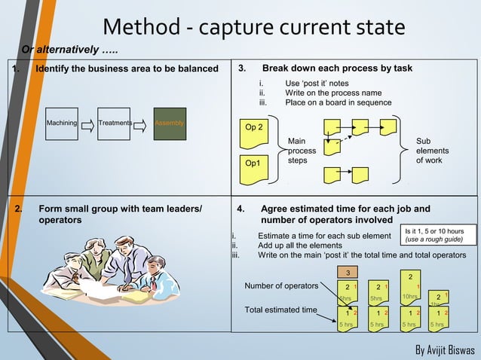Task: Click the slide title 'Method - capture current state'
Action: tap(253, 28)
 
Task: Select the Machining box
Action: tap(62, 123)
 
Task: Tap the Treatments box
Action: tap(115, 123)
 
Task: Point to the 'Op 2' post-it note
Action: tap(255, 129)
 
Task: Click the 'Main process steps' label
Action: tap(302, 151)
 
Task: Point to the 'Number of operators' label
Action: tap(281, 285)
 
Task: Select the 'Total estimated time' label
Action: tap(280, 310)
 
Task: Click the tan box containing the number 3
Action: tap(348, 272)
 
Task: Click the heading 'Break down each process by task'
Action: tap(337, 69)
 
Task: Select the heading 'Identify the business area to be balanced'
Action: tap(121, 69)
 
